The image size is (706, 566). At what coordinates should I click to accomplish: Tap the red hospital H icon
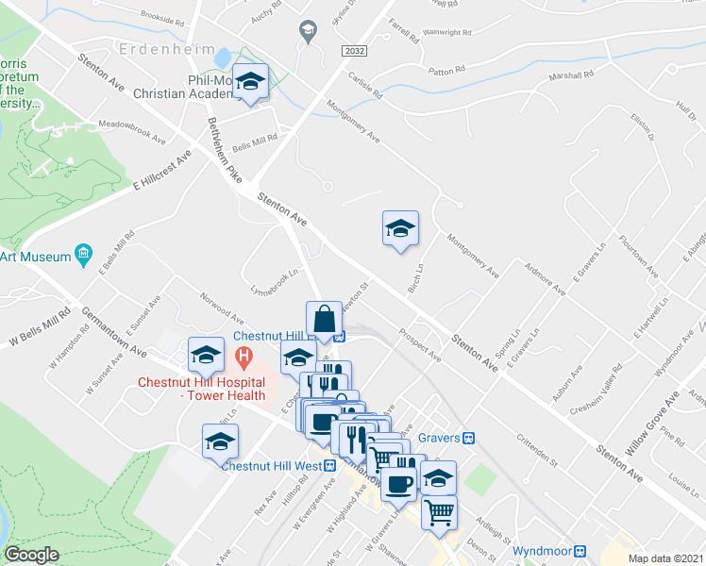(244, 358)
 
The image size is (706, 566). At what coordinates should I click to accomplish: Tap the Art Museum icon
(83, 255)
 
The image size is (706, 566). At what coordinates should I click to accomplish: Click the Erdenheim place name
(156, 48)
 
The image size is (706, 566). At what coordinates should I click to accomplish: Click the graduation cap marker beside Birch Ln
(400, 228)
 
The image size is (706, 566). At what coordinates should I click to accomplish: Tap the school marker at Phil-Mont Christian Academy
(251, 82)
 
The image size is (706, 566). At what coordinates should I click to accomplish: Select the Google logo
(32, 555)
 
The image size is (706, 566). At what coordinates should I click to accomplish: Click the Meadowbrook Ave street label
(131, 130)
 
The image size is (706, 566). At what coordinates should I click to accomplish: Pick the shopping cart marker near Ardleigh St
(439, 513)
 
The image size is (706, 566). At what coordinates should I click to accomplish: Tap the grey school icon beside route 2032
(307, 31)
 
